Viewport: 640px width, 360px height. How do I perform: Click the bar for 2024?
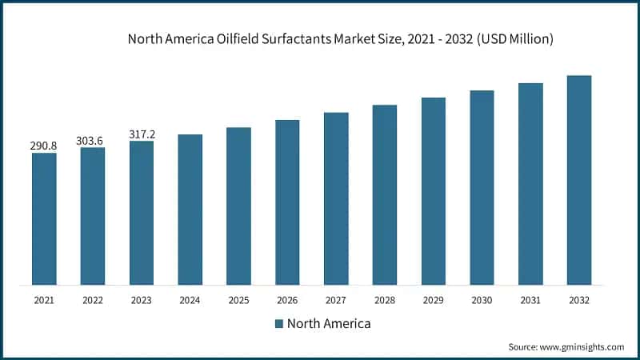[190, 209]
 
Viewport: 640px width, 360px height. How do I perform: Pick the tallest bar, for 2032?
[579, 180]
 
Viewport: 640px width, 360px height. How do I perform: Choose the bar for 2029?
[434, 191]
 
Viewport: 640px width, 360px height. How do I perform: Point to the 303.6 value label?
[93, 141]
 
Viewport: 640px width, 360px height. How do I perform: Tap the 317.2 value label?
[142, 134]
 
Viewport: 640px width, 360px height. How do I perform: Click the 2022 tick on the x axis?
[93, 300]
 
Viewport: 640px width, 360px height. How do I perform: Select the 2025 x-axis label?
[238, 300]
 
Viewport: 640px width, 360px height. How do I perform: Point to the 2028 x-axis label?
[385, 300]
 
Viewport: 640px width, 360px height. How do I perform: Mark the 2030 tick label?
[482, 300]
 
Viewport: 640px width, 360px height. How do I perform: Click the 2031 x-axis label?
[530, 300]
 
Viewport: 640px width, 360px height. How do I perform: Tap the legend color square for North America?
[279, 324]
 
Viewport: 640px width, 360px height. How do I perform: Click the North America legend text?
[328, 324]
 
